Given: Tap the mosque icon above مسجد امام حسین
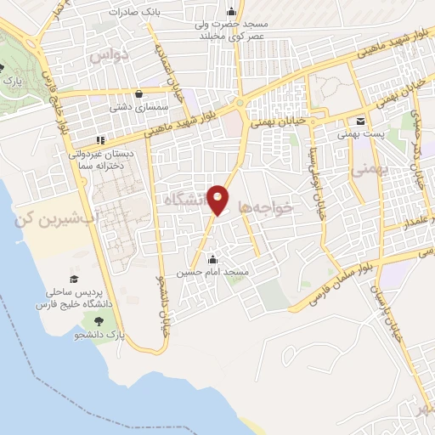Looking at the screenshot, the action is point(212,259).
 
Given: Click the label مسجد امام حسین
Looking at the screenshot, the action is point(212,273).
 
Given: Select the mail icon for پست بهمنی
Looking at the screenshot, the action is point(360,121).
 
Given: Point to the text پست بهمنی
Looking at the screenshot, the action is point(360,134).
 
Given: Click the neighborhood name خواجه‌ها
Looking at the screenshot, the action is point(266,206).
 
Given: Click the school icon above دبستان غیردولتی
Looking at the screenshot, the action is point(100,140).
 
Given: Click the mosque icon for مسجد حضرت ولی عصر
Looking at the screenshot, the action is point(231,11).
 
